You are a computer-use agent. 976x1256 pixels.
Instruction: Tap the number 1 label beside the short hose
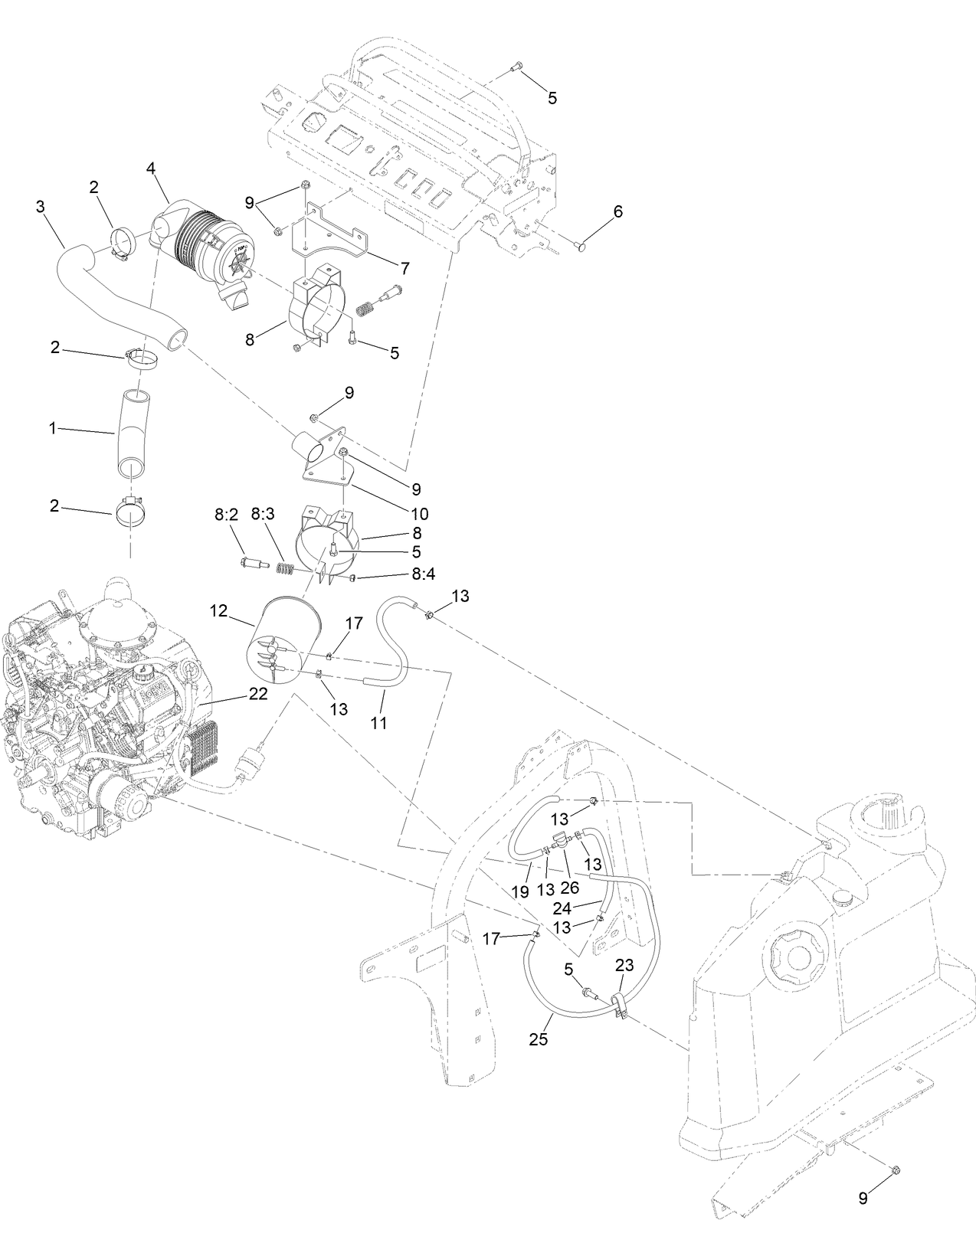click(53, 429)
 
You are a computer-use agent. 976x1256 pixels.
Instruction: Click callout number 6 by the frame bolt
click(617, 212)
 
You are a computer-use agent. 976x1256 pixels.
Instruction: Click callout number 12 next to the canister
click(219, 610)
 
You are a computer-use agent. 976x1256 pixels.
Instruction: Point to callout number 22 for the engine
click(258, 693)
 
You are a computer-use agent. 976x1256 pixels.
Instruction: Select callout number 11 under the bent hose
click(379, 721)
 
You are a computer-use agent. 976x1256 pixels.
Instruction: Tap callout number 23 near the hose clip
click(625, 966)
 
